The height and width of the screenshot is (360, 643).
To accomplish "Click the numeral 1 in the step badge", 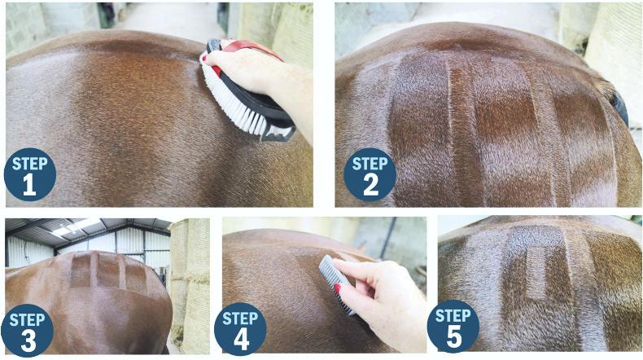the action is click(29, 185).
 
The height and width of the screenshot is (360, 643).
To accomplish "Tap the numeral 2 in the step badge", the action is click(370, 185).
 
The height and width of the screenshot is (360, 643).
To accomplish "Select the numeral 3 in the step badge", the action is click(28, 340).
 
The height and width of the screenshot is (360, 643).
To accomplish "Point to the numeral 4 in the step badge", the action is click(241, 340).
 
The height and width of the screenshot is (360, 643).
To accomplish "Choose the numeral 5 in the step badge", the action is click(454, 337).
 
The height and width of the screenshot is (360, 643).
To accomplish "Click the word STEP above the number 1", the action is click(29, 164).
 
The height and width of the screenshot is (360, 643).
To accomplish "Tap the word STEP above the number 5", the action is click(453, 316).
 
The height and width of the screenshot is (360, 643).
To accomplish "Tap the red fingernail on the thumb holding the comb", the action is click(338, 289).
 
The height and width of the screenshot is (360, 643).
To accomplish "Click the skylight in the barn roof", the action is click(77, 227).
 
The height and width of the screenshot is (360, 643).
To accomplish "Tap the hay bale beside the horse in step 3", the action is click(190, 283).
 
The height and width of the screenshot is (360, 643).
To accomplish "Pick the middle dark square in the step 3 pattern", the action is click(108, 270).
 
